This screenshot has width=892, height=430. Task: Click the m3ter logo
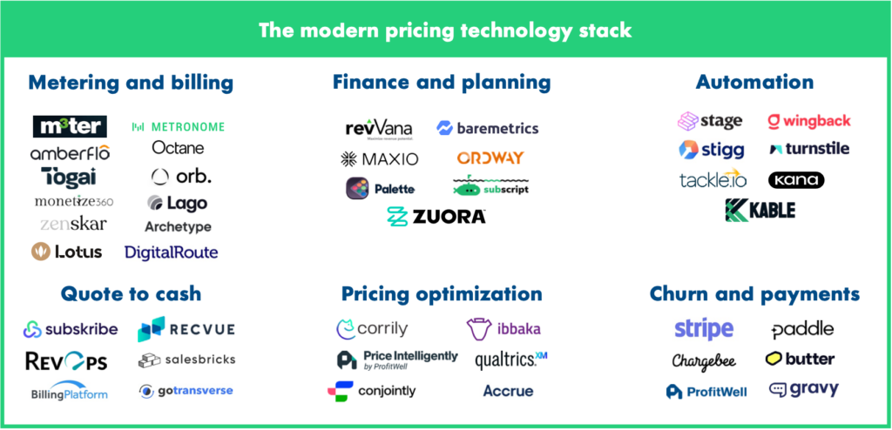click(x=70, y=126)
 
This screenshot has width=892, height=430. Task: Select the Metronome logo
click(x=178, y=126)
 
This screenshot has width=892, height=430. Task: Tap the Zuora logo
click(x=436, y=216)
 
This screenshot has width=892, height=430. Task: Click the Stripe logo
click(x=704, y=330)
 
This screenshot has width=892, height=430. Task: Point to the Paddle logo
click(x=802, y=330)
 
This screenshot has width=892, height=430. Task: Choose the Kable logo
click(x=760, y=210)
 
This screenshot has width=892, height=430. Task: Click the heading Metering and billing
click(x=131, y=83)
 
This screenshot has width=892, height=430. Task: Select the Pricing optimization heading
click(x=442, y=293)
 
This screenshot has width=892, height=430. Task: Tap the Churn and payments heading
click(x=754, y=293)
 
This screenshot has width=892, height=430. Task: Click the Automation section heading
click(x=754, y=83)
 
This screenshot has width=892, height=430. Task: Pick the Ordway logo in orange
click(x=490, y=158)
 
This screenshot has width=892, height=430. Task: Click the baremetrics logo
click(x=488, y=128)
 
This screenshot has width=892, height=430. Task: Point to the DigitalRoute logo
click(x=171, y=252)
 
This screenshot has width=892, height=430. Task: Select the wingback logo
click(x=809, y=121)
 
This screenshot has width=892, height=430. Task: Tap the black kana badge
click(x=795, y=180)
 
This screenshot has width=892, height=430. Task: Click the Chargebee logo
click(x=705, y=360)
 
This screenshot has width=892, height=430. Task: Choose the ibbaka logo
click(x=504, y=329)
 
